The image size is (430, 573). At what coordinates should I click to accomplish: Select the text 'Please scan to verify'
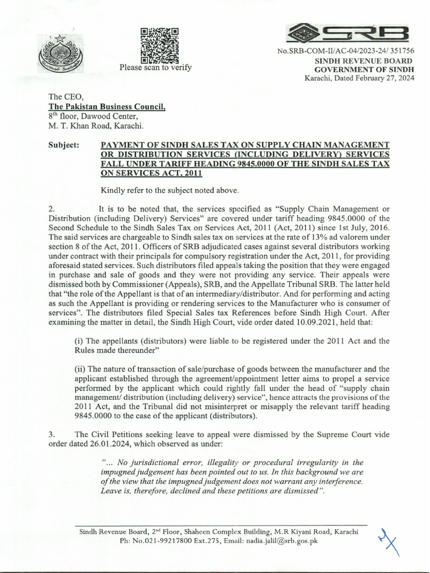(x=155, y=68)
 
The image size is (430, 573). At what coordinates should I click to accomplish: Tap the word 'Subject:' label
(x=65, y=145)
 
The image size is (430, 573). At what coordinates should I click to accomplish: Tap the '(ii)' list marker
(x=80, y=368)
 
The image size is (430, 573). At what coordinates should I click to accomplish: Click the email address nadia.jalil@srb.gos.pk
(x=278, y=541)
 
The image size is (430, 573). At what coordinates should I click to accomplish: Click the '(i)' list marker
(x=79, y=341)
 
